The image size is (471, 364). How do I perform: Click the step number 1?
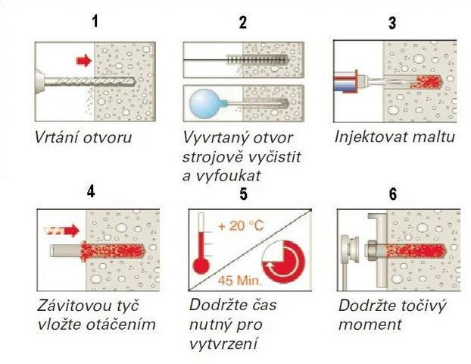95,21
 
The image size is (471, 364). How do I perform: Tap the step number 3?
392,23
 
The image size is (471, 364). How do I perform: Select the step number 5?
243,193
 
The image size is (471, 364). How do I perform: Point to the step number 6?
393,194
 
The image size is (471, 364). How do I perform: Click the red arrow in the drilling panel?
84,61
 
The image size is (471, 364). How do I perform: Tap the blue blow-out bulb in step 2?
203,103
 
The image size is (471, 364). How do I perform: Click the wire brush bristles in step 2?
257,60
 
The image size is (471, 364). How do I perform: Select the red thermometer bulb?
201,265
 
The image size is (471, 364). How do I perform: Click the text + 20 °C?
242,226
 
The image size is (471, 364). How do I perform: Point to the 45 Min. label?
240,281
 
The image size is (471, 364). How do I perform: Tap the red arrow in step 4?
61,231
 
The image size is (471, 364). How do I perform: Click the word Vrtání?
56,137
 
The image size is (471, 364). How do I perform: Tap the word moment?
370,325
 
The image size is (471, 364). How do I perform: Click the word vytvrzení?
223,344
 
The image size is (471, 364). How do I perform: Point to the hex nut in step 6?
370,249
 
